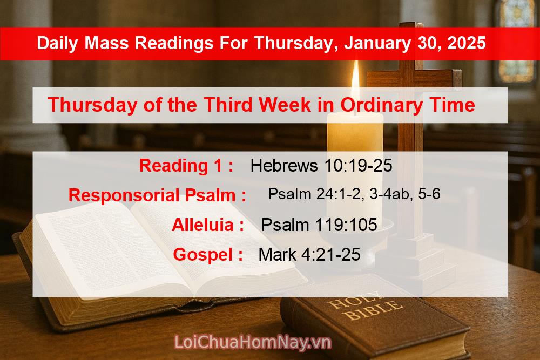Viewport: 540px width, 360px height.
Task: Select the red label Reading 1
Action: (x=186, y=166)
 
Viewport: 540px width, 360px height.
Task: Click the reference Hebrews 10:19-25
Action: (x=321, y=166)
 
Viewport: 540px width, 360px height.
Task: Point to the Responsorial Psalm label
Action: (x=157, y=195)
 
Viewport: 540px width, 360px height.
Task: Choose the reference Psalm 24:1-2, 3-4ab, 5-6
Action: (x=354, y=194)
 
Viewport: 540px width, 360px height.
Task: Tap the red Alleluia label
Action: (x=207, y=225)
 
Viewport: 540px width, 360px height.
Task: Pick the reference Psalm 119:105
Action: (x=319, y=225)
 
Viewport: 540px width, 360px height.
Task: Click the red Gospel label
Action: (x=207, y=255)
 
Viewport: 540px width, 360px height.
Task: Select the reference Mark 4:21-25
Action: (x=309, y=255)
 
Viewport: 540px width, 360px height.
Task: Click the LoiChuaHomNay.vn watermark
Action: (x=252, y=342)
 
